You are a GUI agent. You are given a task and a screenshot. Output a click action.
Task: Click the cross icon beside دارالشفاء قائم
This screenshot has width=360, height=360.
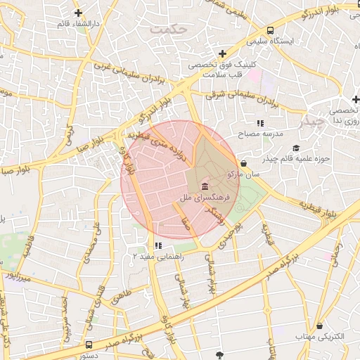point(77,13)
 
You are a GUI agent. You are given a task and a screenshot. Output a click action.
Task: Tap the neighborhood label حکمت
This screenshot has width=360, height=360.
point(175,29)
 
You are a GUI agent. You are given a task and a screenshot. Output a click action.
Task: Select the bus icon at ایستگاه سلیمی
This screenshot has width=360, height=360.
point(271,30)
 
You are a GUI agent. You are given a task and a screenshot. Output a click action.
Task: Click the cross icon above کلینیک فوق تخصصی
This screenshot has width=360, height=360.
point(223,53)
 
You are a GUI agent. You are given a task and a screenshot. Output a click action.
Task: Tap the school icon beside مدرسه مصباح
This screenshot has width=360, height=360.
point(260,123)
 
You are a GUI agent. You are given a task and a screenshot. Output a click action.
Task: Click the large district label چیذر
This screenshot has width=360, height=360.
point(314,122)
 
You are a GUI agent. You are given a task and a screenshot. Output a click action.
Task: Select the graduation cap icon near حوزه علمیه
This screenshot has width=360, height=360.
point(296,148)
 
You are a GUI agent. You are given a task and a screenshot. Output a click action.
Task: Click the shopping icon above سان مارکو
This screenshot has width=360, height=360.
point(243,162)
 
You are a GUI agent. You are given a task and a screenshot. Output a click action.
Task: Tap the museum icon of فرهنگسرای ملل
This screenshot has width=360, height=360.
point(205,186)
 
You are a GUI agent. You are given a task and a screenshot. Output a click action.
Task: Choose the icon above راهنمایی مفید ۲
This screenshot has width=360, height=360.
point(157,246)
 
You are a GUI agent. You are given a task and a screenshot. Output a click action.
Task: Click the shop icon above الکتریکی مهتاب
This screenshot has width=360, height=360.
point(321,326)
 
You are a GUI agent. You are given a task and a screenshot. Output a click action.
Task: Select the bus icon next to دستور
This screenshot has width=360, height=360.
point(89,345)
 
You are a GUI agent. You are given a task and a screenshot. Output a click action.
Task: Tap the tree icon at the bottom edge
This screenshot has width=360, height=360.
point(220,354)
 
